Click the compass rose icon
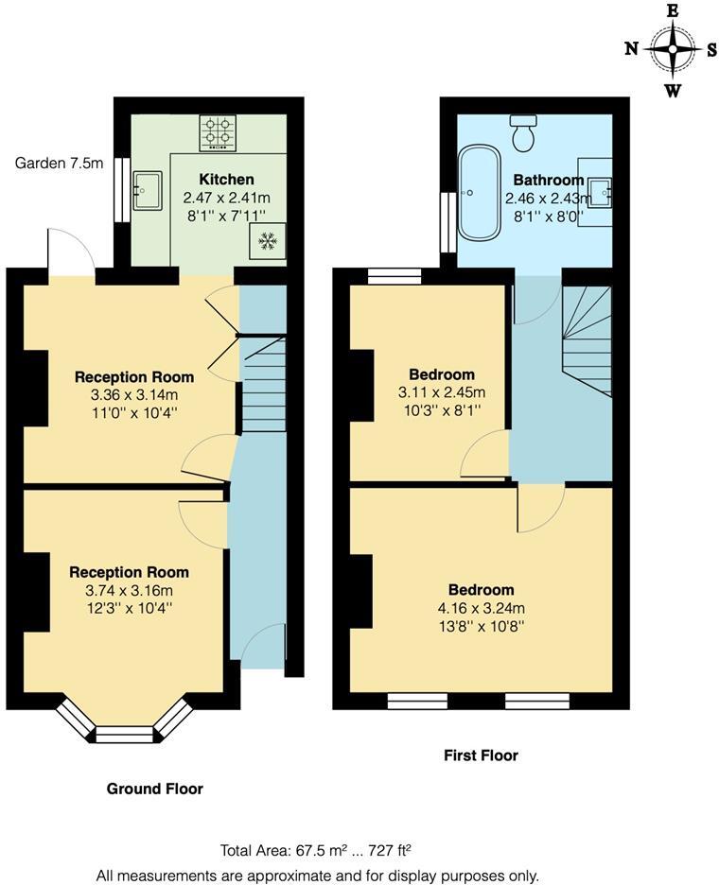[x=673, y=49]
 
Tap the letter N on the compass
[x=631, y=49]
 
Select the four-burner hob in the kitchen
[x=217, y=132]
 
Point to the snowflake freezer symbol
[x=266, y=242]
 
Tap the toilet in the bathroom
[x=523, y=133]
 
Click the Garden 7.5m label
[x=59, y=163]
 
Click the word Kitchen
[x=226, y=179]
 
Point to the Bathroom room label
[x=548, y=180]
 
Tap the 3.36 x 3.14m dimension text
[x=134, y=394]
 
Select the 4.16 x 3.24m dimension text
[x=482, y=607]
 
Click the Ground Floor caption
[x=154, y=789]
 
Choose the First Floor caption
[x=481, y=755]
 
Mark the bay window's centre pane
[x=124, y=734]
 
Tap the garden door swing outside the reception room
[x=71, y=252]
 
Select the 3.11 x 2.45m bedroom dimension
[x=442, y=392]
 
